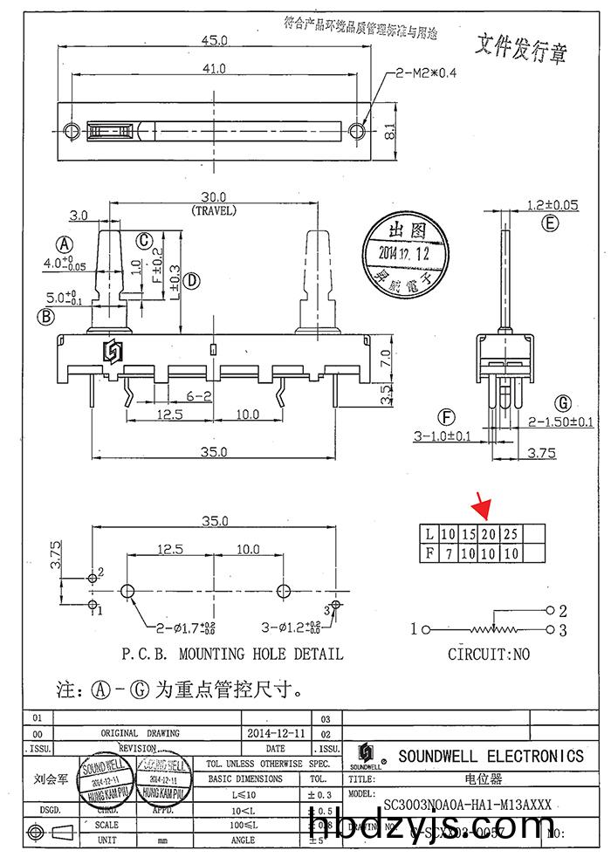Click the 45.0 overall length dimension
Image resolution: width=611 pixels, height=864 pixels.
pyautogui.click(x=214, y=41)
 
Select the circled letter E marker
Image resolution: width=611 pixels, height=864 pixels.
pyautogui.click(x=549, y=224)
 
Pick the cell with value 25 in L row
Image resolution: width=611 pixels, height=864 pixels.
pyautogui.click(x=511, y=534)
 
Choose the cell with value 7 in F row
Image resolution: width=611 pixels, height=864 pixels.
pyautogui.click(x=448, y=552)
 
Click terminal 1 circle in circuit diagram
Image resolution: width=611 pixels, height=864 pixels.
pyautogui.click(x=427, y=628)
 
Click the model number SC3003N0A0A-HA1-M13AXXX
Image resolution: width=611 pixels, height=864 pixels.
pyautogui.click(x=467, y=806)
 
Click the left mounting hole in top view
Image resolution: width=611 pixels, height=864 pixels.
pyautogui.click(x=72, y=131)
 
